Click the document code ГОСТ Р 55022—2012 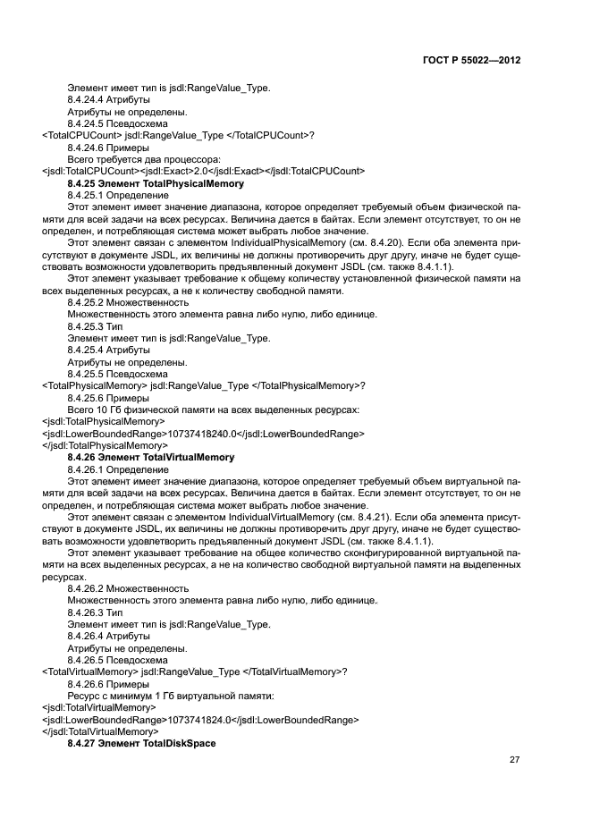470,60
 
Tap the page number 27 514,760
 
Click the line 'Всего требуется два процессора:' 143,158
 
